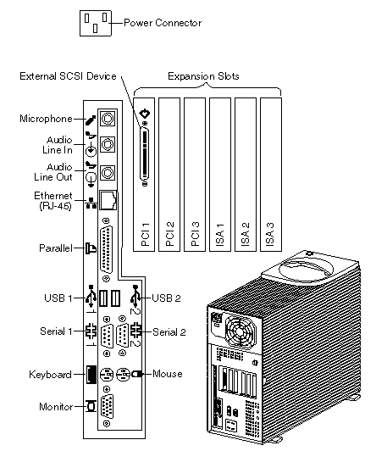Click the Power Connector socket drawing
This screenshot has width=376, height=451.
tap(96, 23)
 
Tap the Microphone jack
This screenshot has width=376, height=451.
tap(108, 118)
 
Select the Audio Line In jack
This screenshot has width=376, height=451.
tap(108, 144)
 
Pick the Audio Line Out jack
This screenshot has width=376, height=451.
tap(108, 173)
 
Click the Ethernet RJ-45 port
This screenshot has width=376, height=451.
tap(108, 199)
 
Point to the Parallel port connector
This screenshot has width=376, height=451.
tap(107, 249)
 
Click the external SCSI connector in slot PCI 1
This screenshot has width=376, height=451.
tap(145, 154)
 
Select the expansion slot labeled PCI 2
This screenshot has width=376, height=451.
tap(169, 175)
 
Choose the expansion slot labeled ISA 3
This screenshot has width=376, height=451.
tap(271, 175)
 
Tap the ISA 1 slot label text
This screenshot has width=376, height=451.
tap(220, 235)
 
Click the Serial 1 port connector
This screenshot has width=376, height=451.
tap(107, 336)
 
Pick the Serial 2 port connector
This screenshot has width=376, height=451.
tap(122, 336)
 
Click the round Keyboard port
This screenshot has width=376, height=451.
tap(107, 375)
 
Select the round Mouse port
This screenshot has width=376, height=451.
tap(123, 374)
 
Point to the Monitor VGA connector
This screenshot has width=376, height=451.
tap(107, 406)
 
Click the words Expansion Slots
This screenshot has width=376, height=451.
tap(203, 76)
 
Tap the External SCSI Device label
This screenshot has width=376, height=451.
tap(68, 76)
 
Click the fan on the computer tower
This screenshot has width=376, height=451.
tap(240, 331)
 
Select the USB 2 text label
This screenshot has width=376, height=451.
tap(166, 298)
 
